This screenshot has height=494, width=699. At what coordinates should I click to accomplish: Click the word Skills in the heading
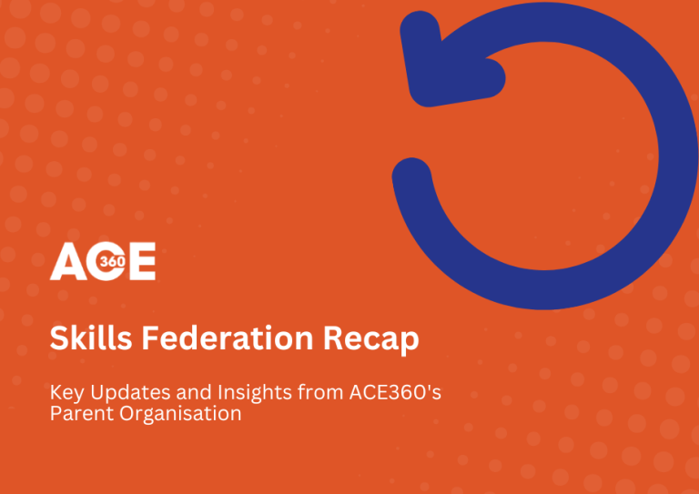[x=91, y=338]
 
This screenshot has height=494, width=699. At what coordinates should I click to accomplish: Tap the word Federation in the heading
[x=228, y=338]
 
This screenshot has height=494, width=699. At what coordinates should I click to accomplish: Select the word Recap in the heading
[x=371, y=340]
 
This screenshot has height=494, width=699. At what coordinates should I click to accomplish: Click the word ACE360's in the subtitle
[x=395, y=392]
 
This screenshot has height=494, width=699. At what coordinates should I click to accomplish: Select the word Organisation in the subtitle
[x=180, y=414]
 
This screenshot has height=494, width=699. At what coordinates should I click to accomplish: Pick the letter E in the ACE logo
[x=141, y=261]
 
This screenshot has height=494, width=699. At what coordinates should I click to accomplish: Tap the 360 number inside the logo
[x=113, y=261]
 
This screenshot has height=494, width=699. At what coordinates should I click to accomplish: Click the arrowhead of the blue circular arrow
[x=447, y=63]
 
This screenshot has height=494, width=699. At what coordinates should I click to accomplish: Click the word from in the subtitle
[x=320, y=392]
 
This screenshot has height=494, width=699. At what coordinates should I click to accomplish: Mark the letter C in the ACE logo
[x=105, y=261]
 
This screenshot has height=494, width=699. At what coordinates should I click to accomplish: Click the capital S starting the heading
[x=58, y=338]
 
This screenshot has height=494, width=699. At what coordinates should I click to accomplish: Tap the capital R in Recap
[x=332, y=338]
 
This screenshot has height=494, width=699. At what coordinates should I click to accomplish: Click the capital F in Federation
[x=150, y=338]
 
